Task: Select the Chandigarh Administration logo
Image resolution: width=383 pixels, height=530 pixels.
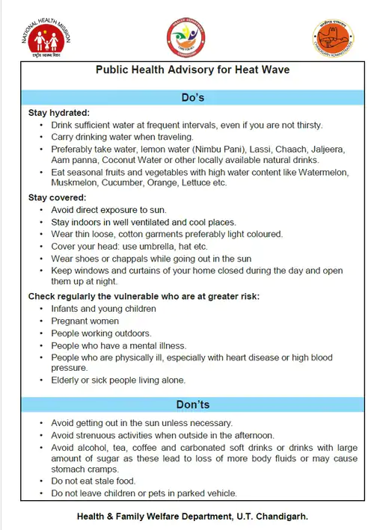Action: pos(332,38)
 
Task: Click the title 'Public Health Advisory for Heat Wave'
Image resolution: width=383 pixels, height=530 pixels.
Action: pos(192,70)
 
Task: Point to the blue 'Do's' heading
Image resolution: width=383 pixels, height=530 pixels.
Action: pos(192,97)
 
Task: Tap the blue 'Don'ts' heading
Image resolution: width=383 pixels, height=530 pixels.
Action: pos(192,404)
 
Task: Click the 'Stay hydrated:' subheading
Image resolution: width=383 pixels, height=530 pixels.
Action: pos(59,113)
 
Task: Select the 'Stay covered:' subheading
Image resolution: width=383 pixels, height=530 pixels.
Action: pos(57,198)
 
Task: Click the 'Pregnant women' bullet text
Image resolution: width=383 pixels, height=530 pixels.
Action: pos(85,321)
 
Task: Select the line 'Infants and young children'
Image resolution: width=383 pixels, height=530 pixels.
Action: pos(103,309)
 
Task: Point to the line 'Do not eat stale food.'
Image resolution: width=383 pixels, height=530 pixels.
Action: pos(93,481)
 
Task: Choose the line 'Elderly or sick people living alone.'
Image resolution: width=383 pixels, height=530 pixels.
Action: pos(118,380)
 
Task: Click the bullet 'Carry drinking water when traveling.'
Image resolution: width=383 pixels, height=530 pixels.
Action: pos(123,137)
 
